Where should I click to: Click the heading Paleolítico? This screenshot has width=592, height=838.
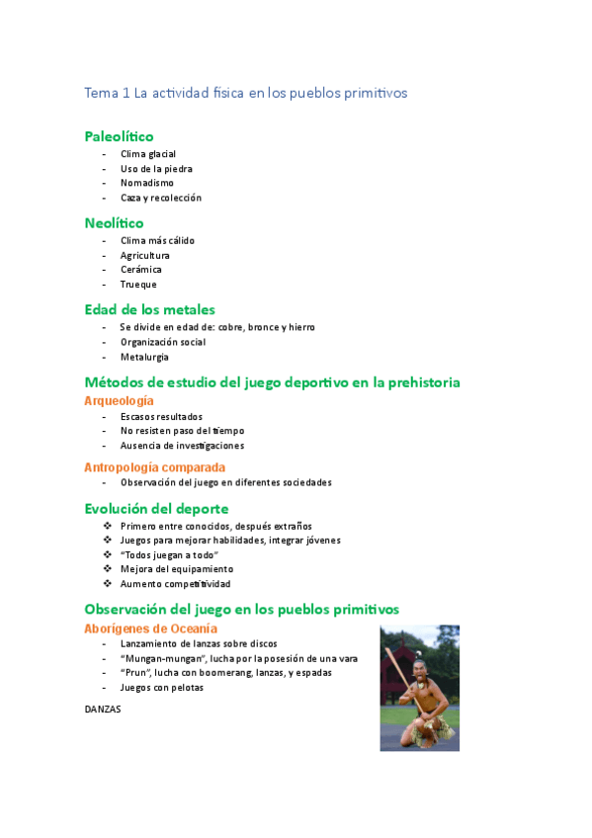point(119,136)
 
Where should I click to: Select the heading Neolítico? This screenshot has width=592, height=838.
point(114,223)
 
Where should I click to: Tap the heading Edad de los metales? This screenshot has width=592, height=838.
point(149,309)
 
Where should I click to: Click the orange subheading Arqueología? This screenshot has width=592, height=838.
point(119,400)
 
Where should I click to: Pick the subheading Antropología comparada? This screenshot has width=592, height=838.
point(154,466)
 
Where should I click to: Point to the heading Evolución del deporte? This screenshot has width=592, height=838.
point(156,508)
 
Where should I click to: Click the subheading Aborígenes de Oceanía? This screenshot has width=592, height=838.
point(151,628)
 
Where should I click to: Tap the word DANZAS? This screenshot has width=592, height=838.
point(103,708)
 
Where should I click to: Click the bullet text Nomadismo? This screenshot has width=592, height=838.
point(147,183)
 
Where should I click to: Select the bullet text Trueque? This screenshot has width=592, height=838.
point(138,285)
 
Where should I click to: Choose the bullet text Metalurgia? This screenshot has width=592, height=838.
point(144,357)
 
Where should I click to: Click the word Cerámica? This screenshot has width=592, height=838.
point(141,270)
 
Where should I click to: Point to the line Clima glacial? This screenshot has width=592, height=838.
point(148,154)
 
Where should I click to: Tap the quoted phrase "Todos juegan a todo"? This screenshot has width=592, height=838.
point(168,554)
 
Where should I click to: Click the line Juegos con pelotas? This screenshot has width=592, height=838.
point(161,687)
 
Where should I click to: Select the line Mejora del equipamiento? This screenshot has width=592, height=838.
point(176,569)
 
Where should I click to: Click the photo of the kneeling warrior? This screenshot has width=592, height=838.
point(419,687)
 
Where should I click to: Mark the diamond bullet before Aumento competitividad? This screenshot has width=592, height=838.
point(107,583)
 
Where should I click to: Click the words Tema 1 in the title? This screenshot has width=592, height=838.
point(107,94)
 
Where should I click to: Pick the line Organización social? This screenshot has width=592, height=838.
point(163,342)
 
